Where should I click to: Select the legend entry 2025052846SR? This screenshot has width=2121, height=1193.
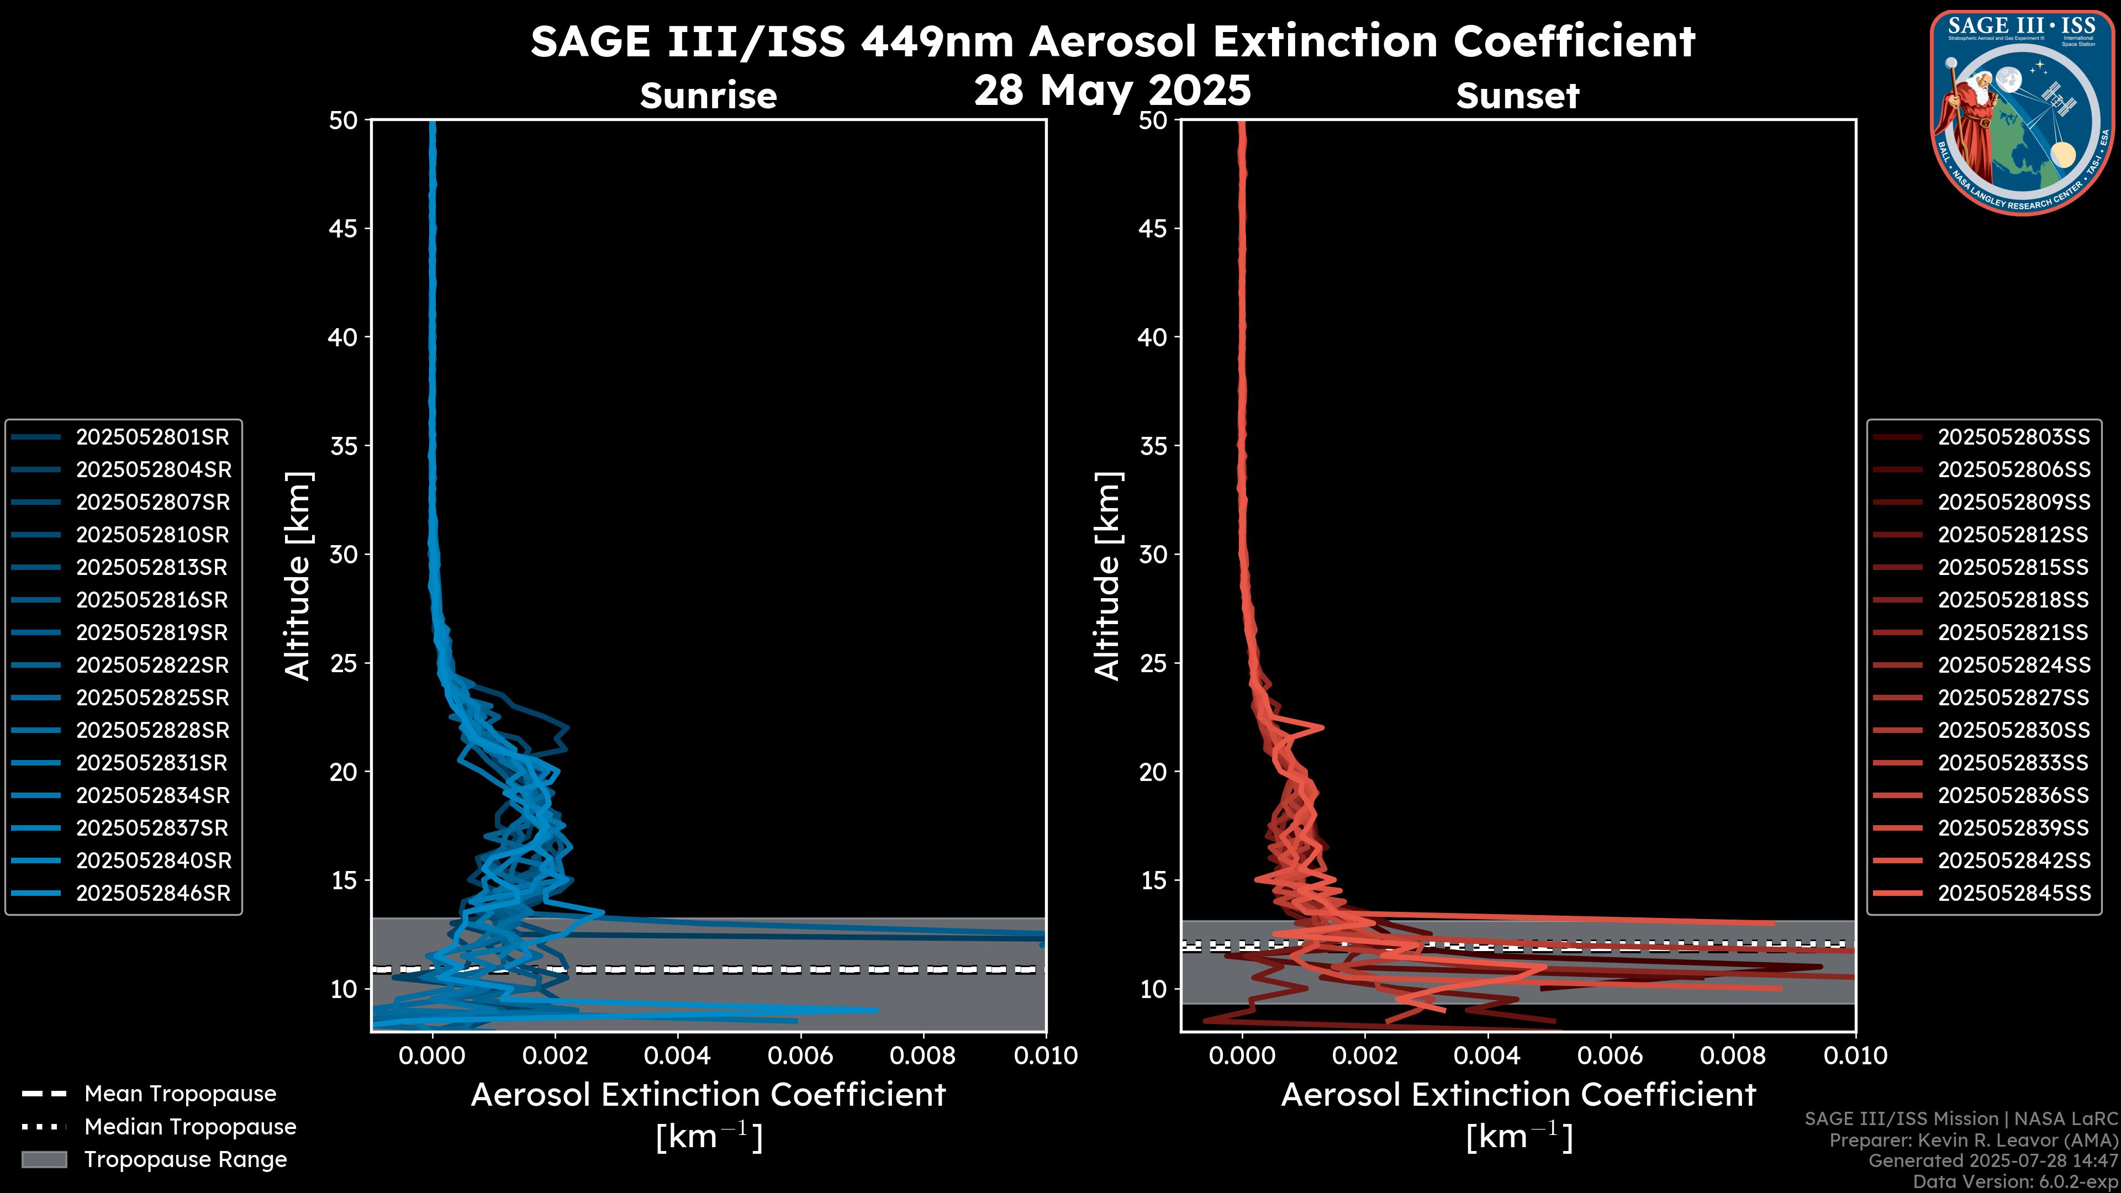coord(153,893)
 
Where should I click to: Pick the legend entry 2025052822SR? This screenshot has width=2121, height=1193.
coord(152,665)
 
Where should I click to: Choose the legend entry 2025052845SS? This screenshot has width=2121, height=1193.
coord(2013,893)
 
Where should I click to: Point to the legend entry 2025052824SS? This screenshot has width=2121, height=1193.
coord(2013,665)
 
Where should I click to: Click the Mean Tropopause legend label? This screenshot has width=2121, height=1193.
coord(180,1094)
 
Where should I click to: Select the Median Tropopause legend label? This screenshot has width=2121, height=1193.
coord(190,1126)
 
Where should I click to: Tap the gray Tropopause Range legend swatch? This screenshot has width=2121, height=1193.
coord(44,1159)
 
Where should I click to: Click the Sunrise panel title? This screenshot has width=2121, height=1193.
coord(708,96)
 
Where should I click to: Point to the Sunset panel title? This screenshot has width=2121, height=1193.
coord(1517,96)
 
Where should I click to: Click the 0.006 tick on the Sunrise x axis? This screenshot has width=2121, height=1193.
coord(799,1055)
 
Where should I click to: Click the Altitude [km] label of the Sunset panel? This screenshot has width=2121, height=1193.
coord(1107,576)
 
